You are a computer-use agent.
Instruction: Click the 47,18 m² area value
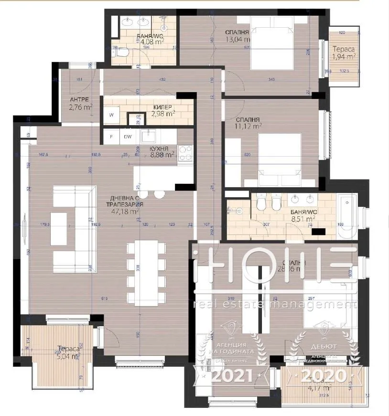125,210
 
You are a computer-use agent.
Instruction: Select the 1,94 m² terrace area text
344,57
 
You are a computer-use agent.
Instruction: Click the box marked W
112,115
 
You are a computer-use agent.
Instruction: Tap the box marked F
111,137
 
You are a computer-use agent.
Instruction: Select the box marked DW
128,137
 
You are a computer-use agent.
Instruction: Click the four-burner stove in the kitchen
185,153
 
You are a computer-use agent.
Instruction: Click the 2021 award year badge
233,375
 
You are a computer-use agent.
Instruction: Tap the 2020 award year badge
323,375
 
